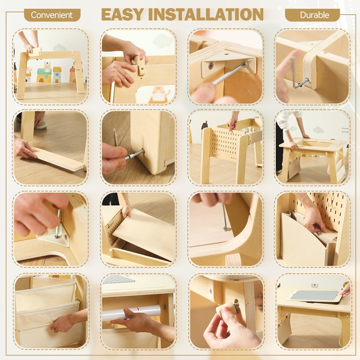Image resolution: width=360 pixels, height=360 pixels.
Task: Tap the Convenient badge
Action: pos(52,15)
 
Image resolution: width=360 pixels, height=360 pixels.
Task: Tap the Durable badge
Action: pos(312,15)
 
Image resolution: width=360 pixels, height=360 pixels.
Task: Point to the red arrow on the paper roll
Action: pos(138,310)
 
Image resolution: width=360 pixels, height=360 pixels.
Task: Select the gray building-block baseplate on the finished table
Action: pos(315,295)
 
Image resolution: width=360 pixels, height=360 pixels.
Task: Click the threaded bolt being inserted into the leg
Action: pos(135,154)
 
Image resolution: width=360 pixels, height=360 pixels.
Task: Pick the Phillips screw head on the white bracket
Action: pos(211,66)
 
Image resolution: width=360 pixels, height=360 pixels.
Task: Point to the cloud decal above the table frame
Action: pos(59,47)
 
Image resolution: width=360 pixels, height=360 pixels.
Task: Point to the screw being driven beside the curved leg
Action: pos(224,217)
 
